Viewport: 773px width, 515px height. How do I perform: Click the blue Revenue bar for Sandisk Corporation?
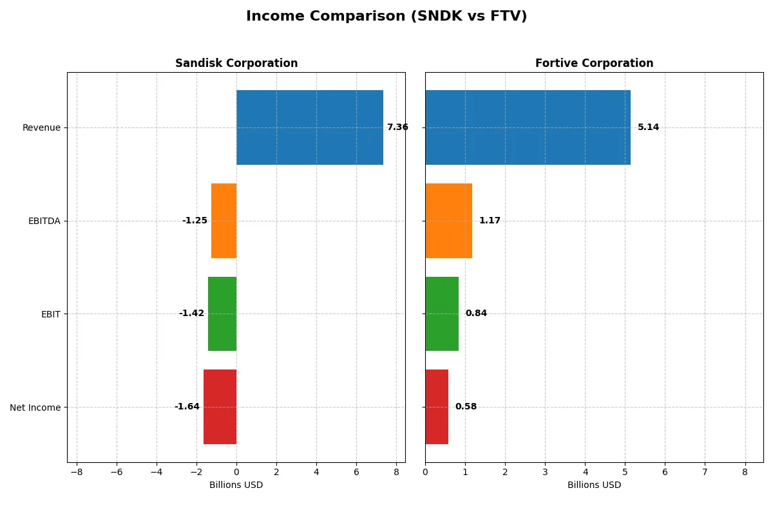click(309, 127)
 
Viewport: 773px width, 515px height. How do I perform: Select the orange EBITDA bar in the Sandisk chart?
click(224, 221)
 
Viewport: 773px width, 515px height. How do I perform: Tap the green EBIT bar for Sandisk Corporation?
click(222, 314)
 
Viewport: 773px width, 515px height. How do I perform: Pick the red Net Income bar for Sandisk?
click(220, 407)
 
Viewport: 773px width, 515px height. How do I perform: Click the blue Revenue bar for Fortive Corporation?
click(528, 127)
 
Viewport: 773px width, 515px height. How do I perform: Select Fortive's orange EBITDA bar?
click(448, 221)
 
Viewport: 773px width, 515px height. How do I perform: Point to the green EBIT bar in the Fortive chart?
click(442, 314)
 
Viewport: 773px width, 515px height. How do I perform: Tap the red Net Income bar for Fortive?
click(437, 407)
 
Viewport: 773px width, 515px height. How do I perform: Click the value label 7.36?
click(397, 127)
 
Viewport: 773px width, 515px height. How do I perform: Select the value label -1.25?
click(195, 221)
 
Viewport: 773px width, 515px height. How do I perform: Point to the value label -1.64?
click(187, 407)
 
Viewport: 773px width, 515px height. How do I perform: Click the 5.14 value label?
click(648, 127)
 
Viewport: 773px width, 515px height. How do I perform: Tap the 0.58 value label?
click(466, 407)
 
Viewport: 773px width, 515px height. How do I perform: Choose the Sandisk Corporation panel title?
click(236, 64)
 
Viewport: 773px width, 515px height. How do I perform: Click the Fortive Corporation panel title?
click(594, 64)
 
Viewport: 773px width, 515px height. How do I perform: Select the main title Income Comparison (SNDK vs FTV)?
click(386, 17)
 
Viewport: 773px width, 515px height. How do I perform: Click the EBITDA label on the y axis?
click(44, 221)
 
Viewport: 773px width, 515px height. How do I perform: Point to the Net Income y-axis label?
click(35, 407)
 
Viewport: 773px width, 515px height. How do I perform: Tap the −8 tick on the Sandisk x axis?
click(77, 472)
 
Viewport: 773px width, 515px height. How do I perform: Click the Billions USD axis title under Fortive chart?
click(594, 485)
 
